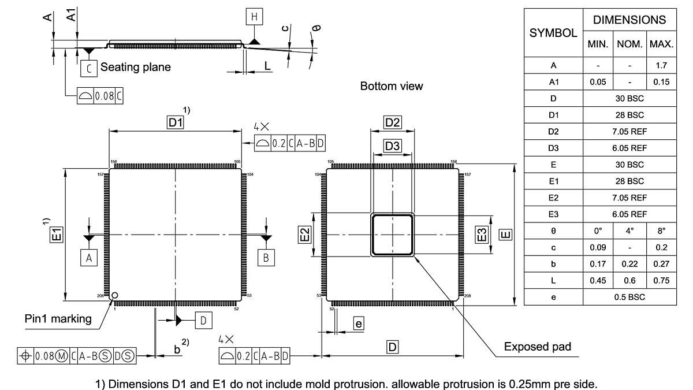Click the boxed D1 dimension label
point(175,122)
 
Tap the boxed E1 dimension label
point(57,234)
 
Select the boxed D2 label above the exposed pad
point(393,122)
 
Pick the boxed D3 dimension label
point(393,146)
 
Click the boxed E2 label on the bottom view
point(304,234)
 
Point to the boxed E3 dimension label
point(482,234)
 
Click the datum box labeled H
point(254,17)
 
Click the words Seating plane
point(136,67)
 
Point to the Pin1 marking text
point(58,318)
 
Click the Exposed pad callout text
point(537,347)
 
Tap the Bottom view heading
point(392,86)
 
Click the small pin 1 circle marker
point(115,295)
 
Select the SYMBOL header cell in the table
point(553,33)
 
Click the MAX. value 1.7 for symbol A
point(661,65)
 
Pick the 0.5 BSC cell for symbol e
point(629,297)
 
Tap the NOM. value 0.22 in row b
point(629,264)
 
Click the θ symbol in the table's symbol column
point(553,231)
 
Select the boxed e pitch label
point(359,324)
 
